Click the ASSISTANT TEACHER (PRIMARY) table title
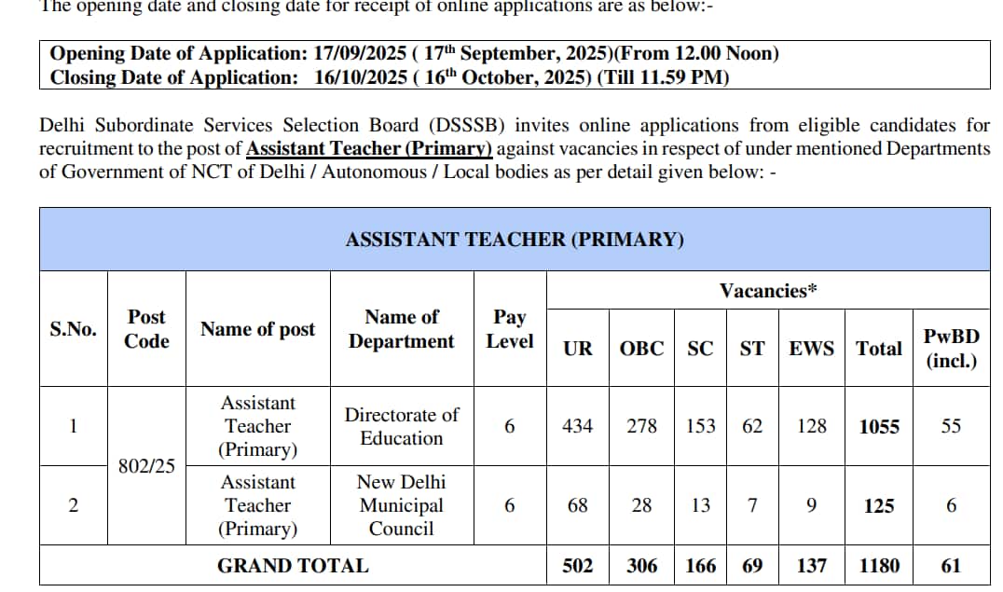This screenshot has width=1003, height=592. click(515, 240)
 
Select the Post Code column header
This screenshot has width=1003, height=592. click(146, 329)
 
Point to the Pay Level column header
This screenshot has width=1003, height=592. click(509, 329)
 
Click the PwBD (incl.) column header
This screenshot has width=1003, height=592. click(951, 348)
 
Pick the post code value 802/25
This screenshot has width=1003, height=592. click(146, 466)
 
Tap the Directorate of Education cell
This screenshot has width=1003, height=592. click(402, 426)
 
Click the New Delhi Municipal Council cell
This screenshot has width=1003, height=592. click(402, 505)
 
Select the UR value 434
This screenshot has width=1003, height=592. click(578, 426)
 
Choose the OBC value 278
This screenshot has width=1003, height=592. click(641, 426)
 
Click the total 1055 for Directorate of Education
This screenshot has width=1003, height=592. click(879, 427)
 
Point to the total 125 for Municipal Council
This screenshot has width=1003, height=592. click(879, 506)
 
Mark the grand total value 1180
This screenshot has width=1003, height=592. click(879, 566)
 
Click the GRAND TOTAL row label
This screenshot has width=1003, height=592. click(293, 566)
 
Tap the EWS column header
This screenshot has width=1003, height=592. click(812, 349)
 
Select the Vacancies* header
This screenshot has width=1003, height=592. click(768, 291)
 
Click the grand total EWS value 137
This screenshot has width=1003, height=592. click(812, 566)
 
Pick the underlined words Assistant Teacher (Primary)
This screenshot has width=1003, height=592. click(369, 149)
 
